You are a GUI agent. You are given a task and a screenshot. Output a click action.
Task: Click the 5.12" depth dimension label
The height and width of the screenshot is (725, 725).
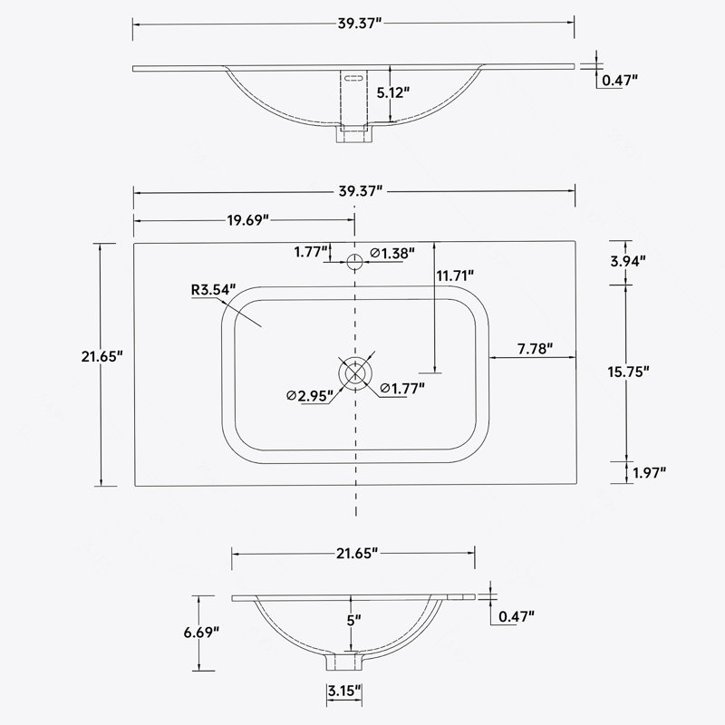point(393,92)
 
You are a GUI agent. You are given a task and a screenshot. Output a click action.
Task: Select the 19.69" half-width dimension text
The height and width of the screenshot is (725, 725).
point(247,220)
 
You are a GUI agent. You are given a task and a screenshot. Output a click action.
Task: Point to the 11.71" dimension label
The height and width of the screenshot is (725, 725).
point(456,275)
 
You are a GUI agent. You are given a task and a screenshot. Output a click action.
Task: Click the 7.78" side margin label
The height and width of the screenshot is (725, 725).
point(535,349)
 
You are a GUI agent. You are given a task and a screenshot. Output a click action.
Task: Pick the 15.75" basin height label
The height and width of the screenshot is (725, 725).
point(628,372)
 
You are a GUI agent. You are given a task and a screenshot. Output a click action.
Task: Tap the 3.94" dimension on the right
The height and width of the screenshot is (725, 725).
point(628,261)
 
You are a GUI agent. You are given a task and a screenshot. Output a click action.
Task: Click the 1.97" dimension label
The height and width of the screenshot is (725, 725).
point(649,472)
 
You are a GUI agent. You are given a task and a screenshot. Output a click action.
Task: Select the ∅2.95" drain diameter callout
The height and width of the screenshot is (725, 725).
point(310,396)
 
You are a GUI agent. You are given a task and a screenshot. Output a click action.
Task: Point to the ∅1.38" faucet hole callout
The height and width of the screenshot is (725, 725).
point(392,253)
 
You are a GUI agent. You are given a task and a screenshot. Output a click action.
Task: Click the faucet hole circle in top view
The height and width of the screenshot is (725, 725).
point(354,262)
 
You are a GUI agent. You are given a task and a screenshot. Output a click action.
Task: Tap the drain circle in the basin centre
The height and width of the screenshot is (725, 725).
point(355,372)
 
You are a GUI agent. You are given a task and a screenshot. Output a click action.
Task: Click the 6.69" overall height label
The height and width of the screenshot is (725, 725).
point(201,632)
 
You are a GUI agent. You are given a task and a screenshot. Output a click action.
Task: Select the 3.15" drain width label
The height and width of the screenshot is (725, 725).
point(344,691)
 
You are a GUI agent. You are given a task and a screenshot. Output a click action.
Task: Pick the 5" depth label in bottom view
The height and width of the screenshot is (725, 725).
point(353,620)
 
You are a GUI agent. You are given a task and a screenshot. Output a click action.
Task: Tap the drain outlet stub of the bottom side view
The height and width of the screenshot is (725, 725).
point(344,662)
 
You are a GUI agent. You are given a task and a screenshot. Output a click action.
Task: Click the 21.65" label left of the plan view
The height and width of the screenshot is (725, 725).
point(102,356)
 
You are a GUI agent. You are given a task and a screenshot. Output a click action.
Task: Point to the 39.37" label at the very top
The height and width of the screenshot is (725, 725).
point(359,24)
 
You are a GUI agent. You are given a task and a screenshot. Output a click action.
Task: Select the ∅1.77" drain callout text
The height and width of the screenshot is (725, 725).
point(402,389)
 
